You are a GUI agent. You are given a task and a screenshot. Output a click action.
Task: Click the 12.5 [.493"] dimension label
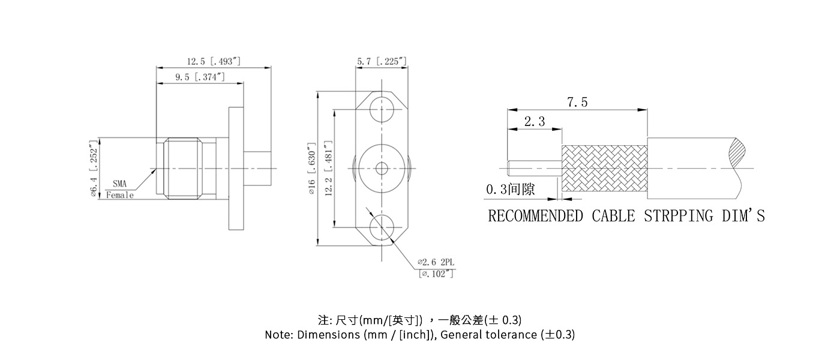pyautogui.click(x=214, y=61)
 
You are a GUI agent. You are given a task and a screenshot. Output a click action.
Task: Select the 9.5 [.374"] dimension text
pyautogui.click(x=200, y=77)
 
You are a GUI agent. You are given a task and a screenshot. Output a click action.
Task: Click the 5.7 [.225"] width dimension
pyautogui.click(x=382, y=61)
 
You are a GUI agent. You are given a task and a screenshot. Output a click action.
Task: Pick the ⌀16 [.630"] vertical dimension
pyautogui.click(x=311, y=169)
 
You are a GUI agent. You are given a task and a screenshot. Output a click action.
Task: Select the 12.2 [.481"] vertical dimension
pyautogui.click(x=328, y=169)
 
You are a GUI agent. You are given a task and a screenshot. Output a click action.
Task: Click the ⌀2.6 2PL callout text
pyautogui.click(x=437, y=262)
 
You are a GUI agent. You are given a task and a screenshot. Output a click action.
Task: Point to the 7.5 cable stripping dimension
pyautogui.click(x=577, y=103)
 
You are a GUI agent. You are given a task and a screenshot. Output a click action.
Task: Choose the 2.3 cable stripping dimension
pyautogui.click(x=534, y=122)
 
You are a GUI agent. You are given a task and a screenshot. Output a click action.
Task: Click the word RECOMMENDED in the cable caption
pyautogui.click(x=535, y=215)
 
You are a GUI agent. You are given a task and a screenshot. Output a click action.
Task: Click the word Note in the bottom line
pyautogui.click(x=278, y=335)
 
